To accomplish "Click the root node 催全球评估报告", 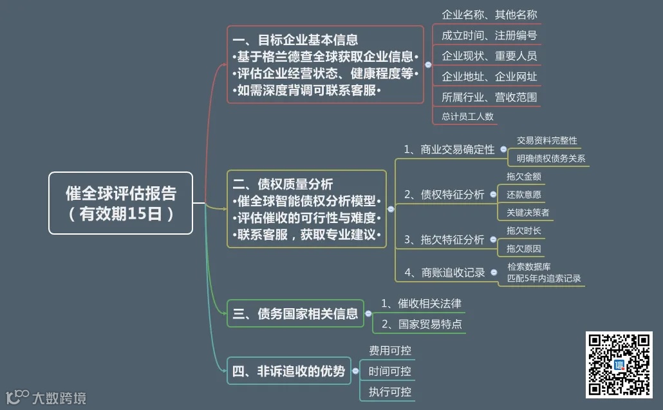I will point(120,203).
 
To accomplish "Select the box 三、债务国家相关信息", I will point(295,314).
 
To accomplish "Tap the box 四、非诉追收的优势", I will point(288,371).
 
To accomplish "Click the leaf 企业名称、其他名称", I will point(489,14).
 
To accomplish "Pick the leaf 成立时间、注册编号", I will point(489,35).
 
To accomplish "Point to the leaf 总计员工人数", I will point(467,116).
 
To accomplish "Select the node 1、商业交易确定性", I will point(449,150).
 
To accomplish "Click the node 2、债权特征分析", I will point(444,194).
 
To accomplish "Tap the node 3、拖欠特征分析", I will point(444,240).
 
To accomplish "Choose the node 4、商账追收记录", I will point(445,273).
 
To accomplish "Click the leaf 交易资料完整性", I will point(547,140).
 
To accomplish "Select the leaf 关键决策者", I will point(528,212).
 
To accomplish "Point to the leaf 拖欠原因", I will point(524,248).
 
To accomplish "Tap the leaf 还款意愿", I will point(524,194).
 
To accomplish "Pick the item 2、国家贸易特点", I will point(422,324).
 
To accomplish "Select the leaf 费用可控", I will point(389,351).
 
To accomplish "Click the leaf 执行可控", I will point(389,391).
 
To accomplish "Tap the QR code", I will point(619,364).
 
